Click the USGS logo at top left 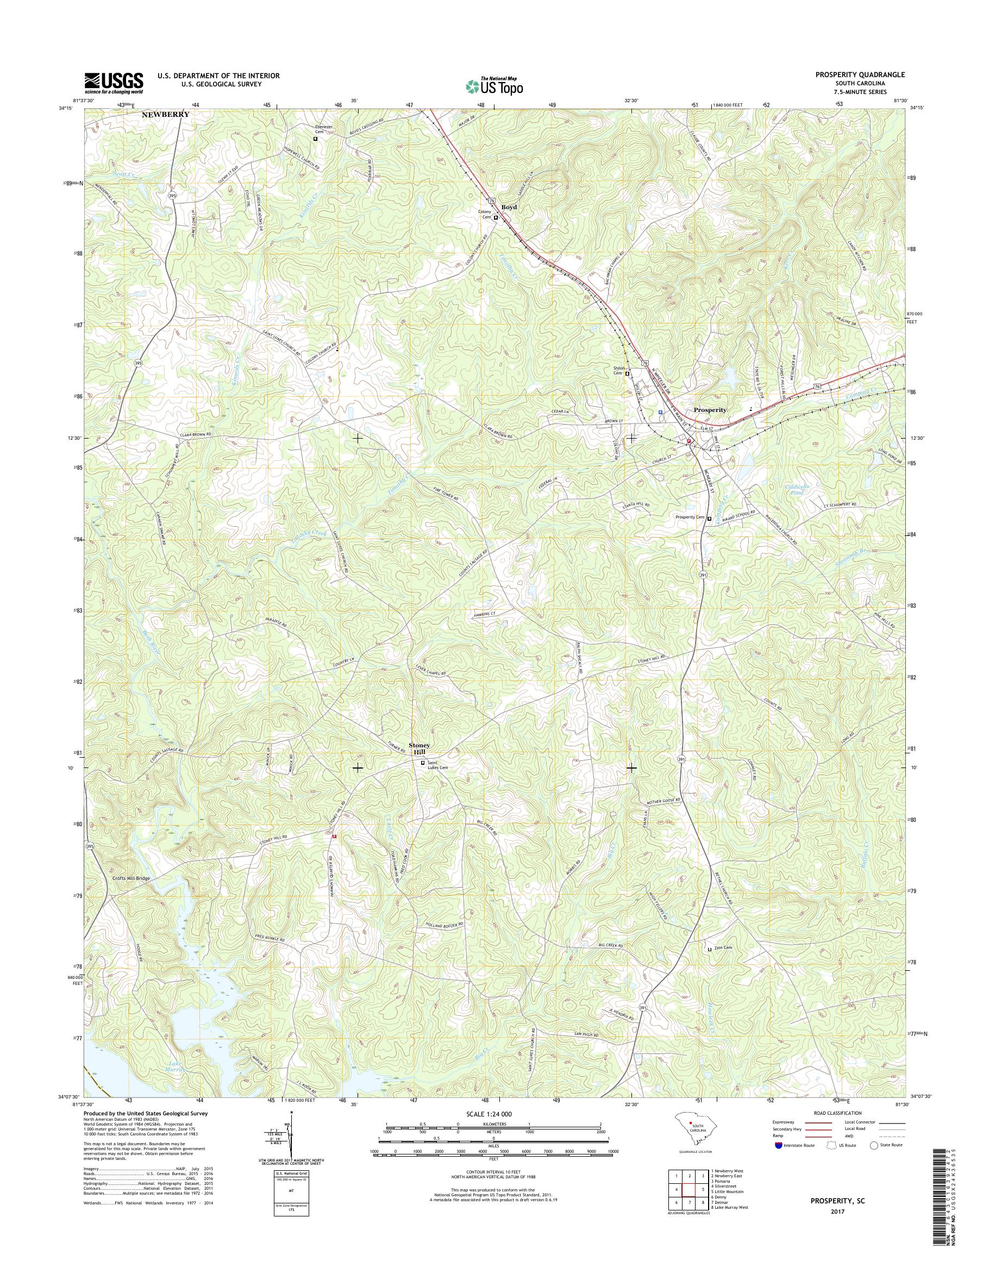[114, 83]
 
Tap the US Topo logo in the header [494, 86]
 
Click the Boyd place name [509, 207]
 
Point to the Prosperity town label [710, 409]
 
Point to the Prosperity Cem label [689, 517]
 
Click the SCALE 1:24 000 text [489, 1114]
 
